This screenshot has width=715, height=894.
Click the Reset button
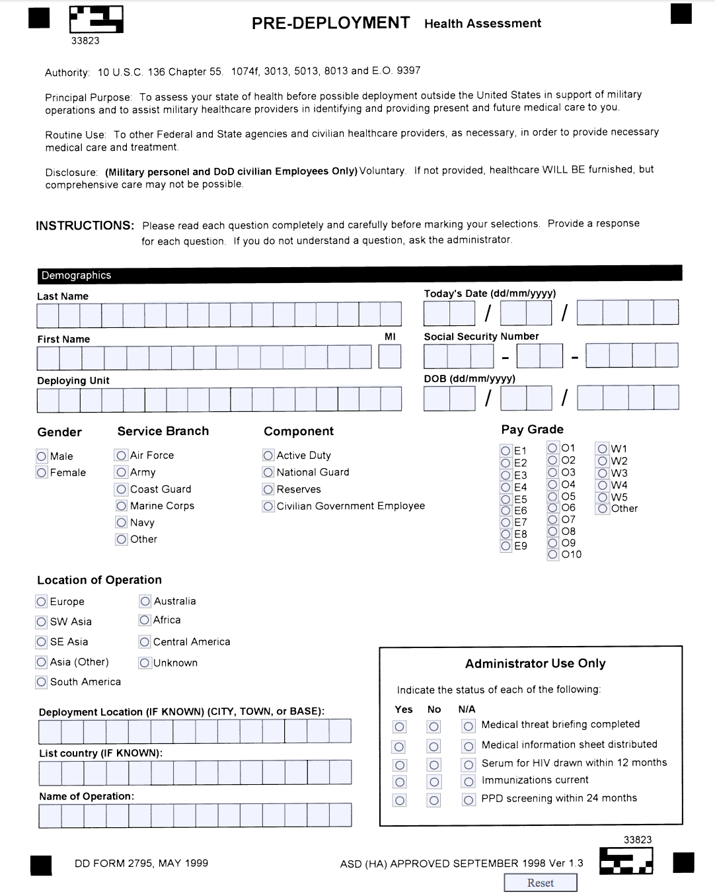coord(540,883)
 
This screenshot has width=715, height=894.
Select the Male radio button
coord(42,456)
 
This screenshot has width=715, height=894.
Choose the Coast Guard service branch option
coord(122,489)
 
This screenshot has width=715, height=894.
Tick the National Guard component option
coord(268,472)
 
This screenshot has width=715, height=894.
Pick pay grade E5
coord(506,499)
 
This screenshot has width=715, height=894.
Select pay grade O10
coord(553,554)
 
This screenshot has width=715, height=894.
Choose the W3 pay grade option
coord(603,473)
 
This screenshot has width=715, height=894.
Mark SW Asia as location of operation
coord(42,622)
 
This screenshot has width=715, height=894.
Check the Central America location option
coord(145,641)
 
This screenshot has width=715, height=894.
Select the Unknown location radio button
coord(145,663)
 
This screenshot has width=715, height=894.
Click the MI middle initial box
coord(390,357)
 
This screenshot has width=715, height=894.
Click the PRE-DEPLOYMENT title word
coord(330,23)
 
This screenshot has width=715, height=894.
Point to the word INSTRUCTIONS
coord(85,225)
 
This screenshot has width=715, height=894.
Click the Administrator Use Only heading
coord(535,663)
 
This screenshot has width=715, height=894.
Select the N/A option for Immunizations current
coord(469,782)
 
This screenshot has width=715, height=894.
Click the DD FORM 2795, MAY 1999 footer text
coord(141,863)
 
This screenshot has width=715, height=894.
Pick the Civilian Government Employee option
coord(268,507)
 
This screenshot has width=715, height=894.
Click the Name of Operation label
coord(87,796)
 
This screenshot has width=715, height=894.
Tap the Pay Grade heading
coord(532,429)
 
